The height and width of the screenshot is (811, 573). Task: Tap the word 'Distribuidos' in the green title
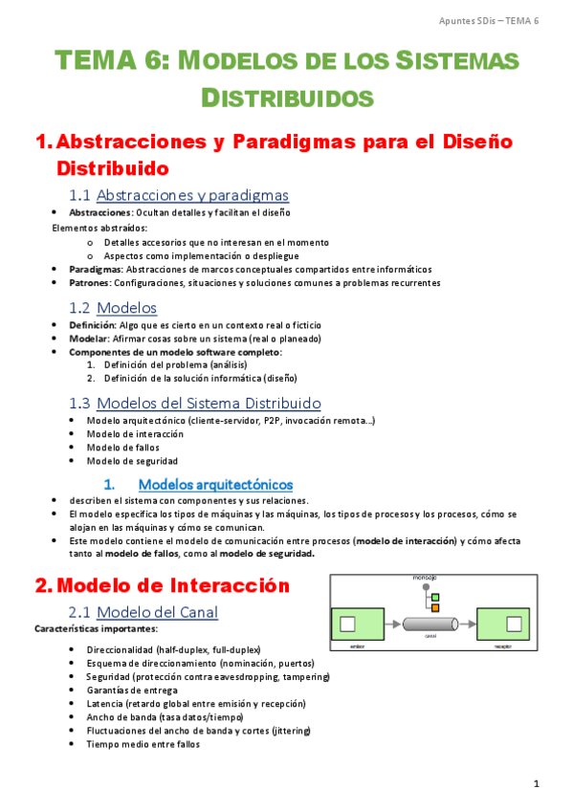(287, 98)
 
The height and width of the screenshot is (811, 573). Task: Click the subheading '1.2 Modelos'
(113, 308)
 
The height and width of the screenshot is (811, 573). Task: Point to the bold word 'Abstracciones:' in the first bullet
(100, 212)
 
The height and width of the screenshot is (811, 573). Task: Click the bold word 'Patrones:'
(90, 283)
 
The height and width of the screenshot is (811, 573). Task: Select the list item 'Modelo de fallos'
(122, 447)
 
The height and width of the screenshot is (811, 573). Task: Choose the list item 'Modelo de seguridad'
(131, 461)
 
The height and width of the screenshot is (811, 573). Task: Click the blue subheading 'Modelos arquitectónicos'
(215, 484)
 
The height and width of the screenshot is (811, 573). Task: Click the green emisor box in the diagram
(357, 625)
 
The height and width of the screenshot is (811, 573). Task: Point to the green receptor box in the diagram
(505, 625)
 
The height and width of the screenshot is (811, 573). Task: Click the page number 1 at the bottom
(538, 784)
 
